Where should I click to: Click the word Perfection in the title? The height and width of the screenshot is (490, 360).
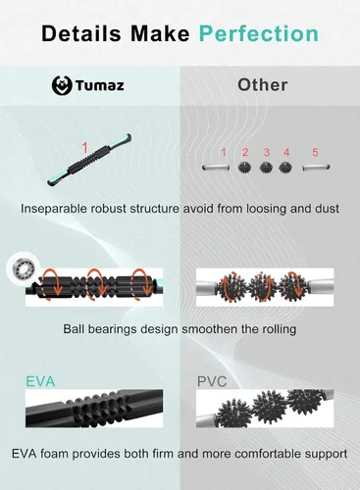click(x=259, y=33)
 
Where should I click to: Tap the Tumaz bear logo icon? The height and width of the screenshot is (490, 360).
click(x=62, y=85)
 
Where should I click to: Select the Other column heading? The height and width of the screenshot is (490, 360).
click(x=263, y=85)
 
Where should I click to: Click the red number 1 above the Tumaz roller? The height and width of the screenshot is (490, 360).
click(x=84, y=148)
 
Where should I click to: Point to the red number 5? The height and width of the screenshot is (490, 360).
click(x=315, y=152)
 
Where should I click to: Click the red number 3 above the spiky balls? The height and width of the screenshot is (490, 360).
click(x=267, y=152)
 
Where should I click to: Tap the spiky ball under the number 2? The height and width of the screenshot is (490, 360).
click(x=244, y=168)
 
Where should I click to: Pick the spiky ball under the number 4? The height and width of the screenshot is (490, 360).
click(x=285, y=168)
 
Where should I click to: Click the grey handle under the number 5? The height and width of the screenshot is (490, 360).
click(x=316, y=168)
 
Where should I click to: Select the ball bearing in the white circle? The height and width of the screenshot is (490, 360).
click(x=24, y=269)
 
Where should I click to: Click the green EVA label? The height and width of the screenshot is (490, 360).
click(x=40, y=381)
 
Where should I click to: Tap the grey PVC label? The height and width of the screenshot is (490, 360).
click(x=212, y=381)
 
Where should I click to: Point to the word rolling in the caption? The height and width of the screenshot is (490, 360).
click(x=279, y=329)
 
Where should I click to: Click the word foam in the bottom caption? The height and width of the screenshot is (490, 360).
click(x=55, y=454)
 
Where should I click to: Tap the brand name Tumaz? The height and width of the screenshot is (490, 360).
click(x=100, y=85)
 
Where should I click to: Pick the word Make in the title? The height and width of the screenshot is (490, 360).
click(x=160, y=33)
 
